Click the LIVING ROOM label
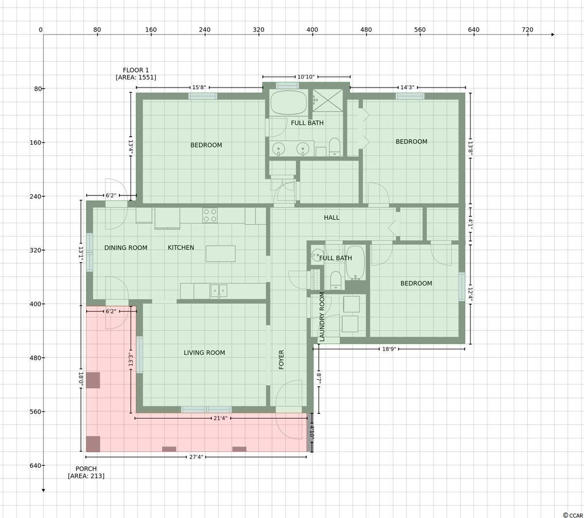pos(204,352)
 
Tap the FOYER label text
pos(281,359)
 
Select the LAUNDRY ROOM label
pos(322,316)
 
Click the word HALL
pos(331,218)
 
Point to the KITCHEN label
pos(181,247)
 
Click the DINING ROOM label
pos(126,247)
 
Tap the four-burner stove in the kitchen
pos(210,215)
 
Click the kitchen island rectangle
pos(220,254)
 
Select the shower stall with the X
pos(328,100)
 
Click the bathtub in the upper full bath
pos(289,103)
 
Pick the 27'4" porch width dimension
pos(196,457)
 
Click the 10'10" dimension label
pos(306,77)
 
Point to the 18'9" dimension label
pos(388,349)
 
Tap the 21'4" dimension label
pos(220,418)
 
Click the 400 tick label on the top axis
pos(312,30)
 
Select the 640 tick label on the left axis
pos(36,465)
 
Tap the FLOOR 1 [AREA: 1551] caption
pos(136,74)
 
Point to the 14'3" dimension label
pos(407,88)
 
